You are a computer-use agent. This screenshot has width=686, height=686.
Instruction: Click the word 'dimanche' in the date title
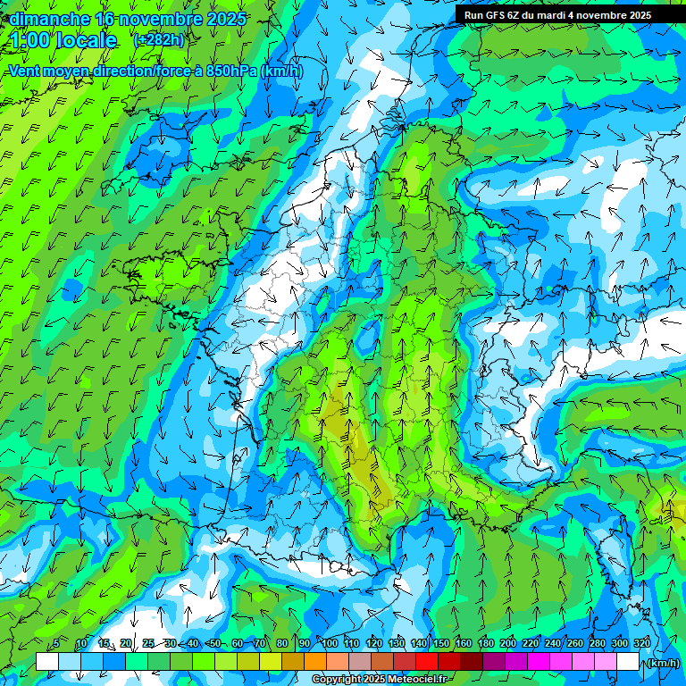tap(49, 19)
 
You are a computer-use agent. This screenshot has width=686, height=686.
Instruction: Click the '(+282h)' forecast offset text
tap(160, 39)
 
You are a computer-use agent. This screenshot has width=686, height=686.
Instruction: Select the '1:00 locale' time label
tap(63, 40)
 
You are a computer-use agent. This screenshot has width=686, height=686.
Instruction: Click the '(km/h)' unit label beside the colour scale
tap(663, 663)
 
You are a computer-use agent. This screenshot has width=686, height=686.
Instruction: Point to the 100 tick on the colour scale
tap(330, 644)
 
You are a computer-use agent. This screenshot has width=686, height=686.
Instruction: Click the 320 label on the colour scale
tap(642, 644)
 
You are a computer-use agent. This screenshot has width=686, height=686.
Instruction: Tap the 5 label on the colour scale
tap(57, 644)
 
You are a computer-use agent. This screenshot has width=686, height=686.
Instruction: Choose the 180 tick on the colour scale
tap(486, 644)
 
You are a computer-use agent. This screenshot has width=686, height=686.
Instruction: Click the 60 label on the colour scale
tap(237, 644)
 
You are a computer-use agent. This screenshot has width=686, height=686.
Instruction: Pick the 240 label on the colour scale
tap(553, 644)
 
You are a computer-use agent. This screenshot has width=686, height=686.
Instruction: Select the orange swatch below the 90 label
tap(315, 662)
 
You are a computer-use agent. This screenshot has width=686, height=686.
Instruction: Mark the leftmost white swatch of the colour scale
tap(47, 662)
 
